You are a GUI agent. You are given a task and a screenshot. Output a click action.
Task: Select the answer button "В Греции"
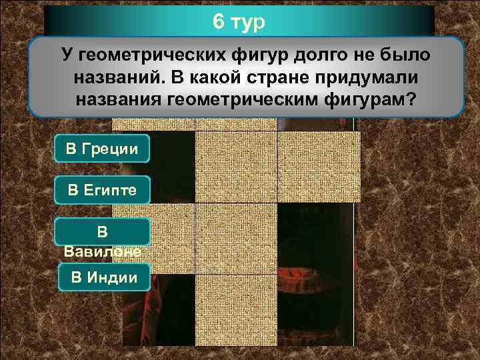[102, 148]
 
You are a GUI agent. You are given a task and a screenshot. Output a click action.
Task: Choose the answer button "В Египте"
[102, 190]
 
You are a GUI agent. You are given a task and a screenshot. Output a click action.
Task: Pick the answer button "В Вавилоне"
[102, 240]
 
